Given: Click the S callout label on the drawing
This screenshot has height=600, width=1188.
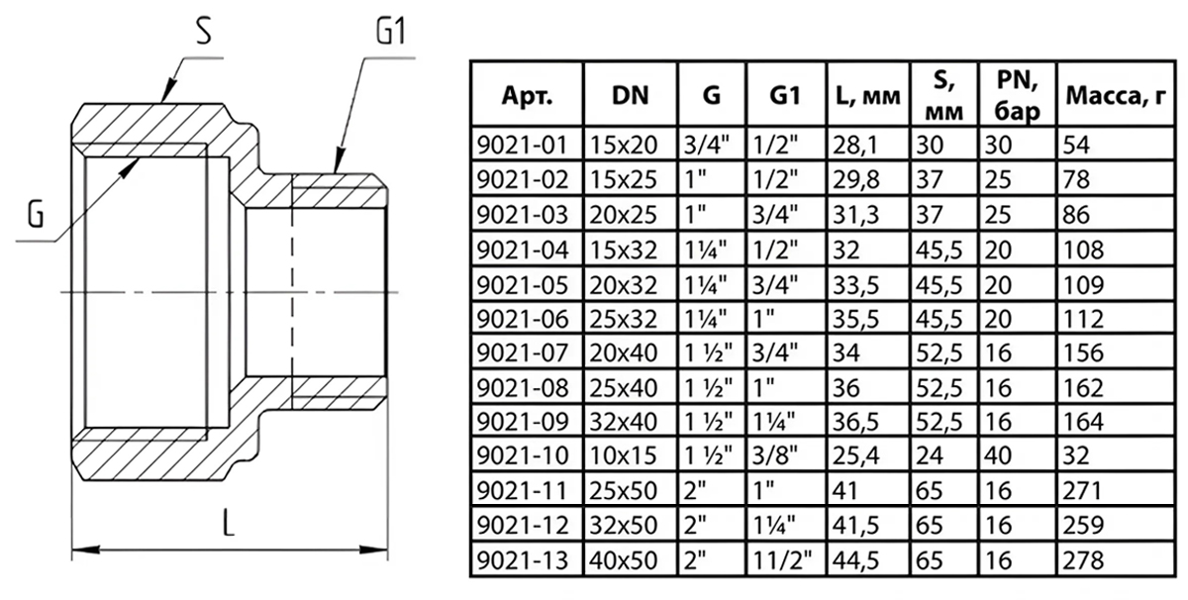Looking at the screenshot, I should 203,35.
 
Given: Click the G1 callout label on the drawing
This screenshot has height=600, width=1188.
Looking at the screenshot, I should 392,37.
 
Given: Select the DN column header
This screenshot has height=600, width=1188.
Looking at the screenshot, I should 630,96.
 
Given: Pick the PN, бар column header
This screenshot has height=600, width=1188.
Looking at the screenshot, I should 1017,96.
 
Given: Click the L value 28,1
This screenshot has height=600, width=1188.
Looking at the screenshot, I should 856,145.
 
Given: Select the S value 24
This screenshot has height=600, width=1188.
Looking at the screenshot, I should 932,457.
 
